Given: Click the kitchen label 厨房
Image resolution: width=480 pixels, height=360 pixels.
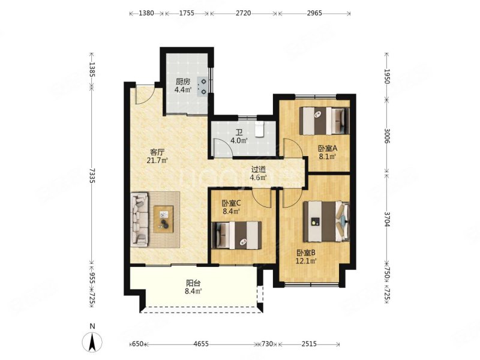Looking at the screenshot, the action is [x=183, y=82].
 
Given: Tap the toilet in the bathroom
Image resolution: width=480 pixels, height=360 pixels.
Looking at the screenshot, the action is [x=260, y=129].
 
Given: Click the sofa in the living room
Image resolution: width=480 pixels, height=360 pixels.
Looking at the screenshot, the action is [x=140, y=220].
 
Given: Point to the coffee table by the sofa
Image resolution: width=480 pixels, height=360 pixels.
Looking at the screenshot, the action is [x=163, y=220].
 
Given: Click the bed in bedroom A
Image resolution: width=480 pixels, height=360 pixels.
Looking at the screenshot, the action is [x=324, y=121].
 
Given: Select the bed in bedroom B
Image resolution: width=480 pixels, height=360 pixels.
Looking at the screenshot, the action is [x=326, y=221].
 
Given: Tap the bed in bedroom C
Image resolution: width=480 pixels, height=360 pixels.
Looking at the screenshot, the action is [x=236, y=235].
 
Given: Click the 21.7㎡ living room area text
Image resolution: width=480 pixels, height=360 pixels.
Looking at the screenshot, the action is [x=158, y=160].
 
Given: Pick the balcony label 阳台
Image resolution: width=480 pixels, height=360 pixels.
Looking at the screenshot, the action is [x=193, y=283].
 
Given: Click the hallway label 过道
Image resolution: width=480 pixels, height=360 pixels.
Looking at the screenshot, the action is [x=259, y=169].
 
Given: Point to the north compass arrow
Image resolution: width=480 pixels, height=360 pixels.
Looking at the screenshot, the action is [x=92, y=342].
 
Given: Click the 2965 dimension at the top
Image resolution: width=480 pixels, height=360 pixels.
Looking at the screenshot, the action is [x=314, y=13].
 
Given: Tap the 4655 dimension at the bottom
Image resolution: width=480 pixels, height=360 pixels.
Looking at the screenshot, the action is [x=201, y=344].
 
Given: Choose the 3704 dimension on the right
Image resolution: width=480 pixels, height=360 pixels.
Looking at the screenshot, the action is [x=386, y=219].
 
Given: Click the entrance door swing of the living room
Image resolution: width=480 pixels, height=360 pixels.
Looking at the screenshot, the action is [x=143, y=95].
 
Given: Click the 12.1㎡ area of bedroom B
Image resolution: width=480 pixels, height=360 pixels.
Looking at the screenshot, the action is [x=306, y=261].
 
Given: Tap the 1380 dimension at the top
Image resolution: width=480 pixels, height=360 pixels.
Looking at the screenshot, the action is [x=146, y=13].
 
